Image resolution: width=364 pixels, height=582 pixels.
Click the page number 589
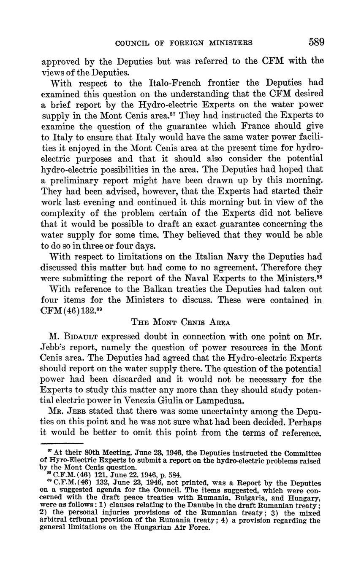[316, 42]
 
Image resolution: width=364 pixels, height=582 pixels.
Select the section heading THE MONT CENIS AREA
[181, 323]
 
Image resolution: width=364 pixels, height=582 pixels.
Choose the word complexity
[65, 213]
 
